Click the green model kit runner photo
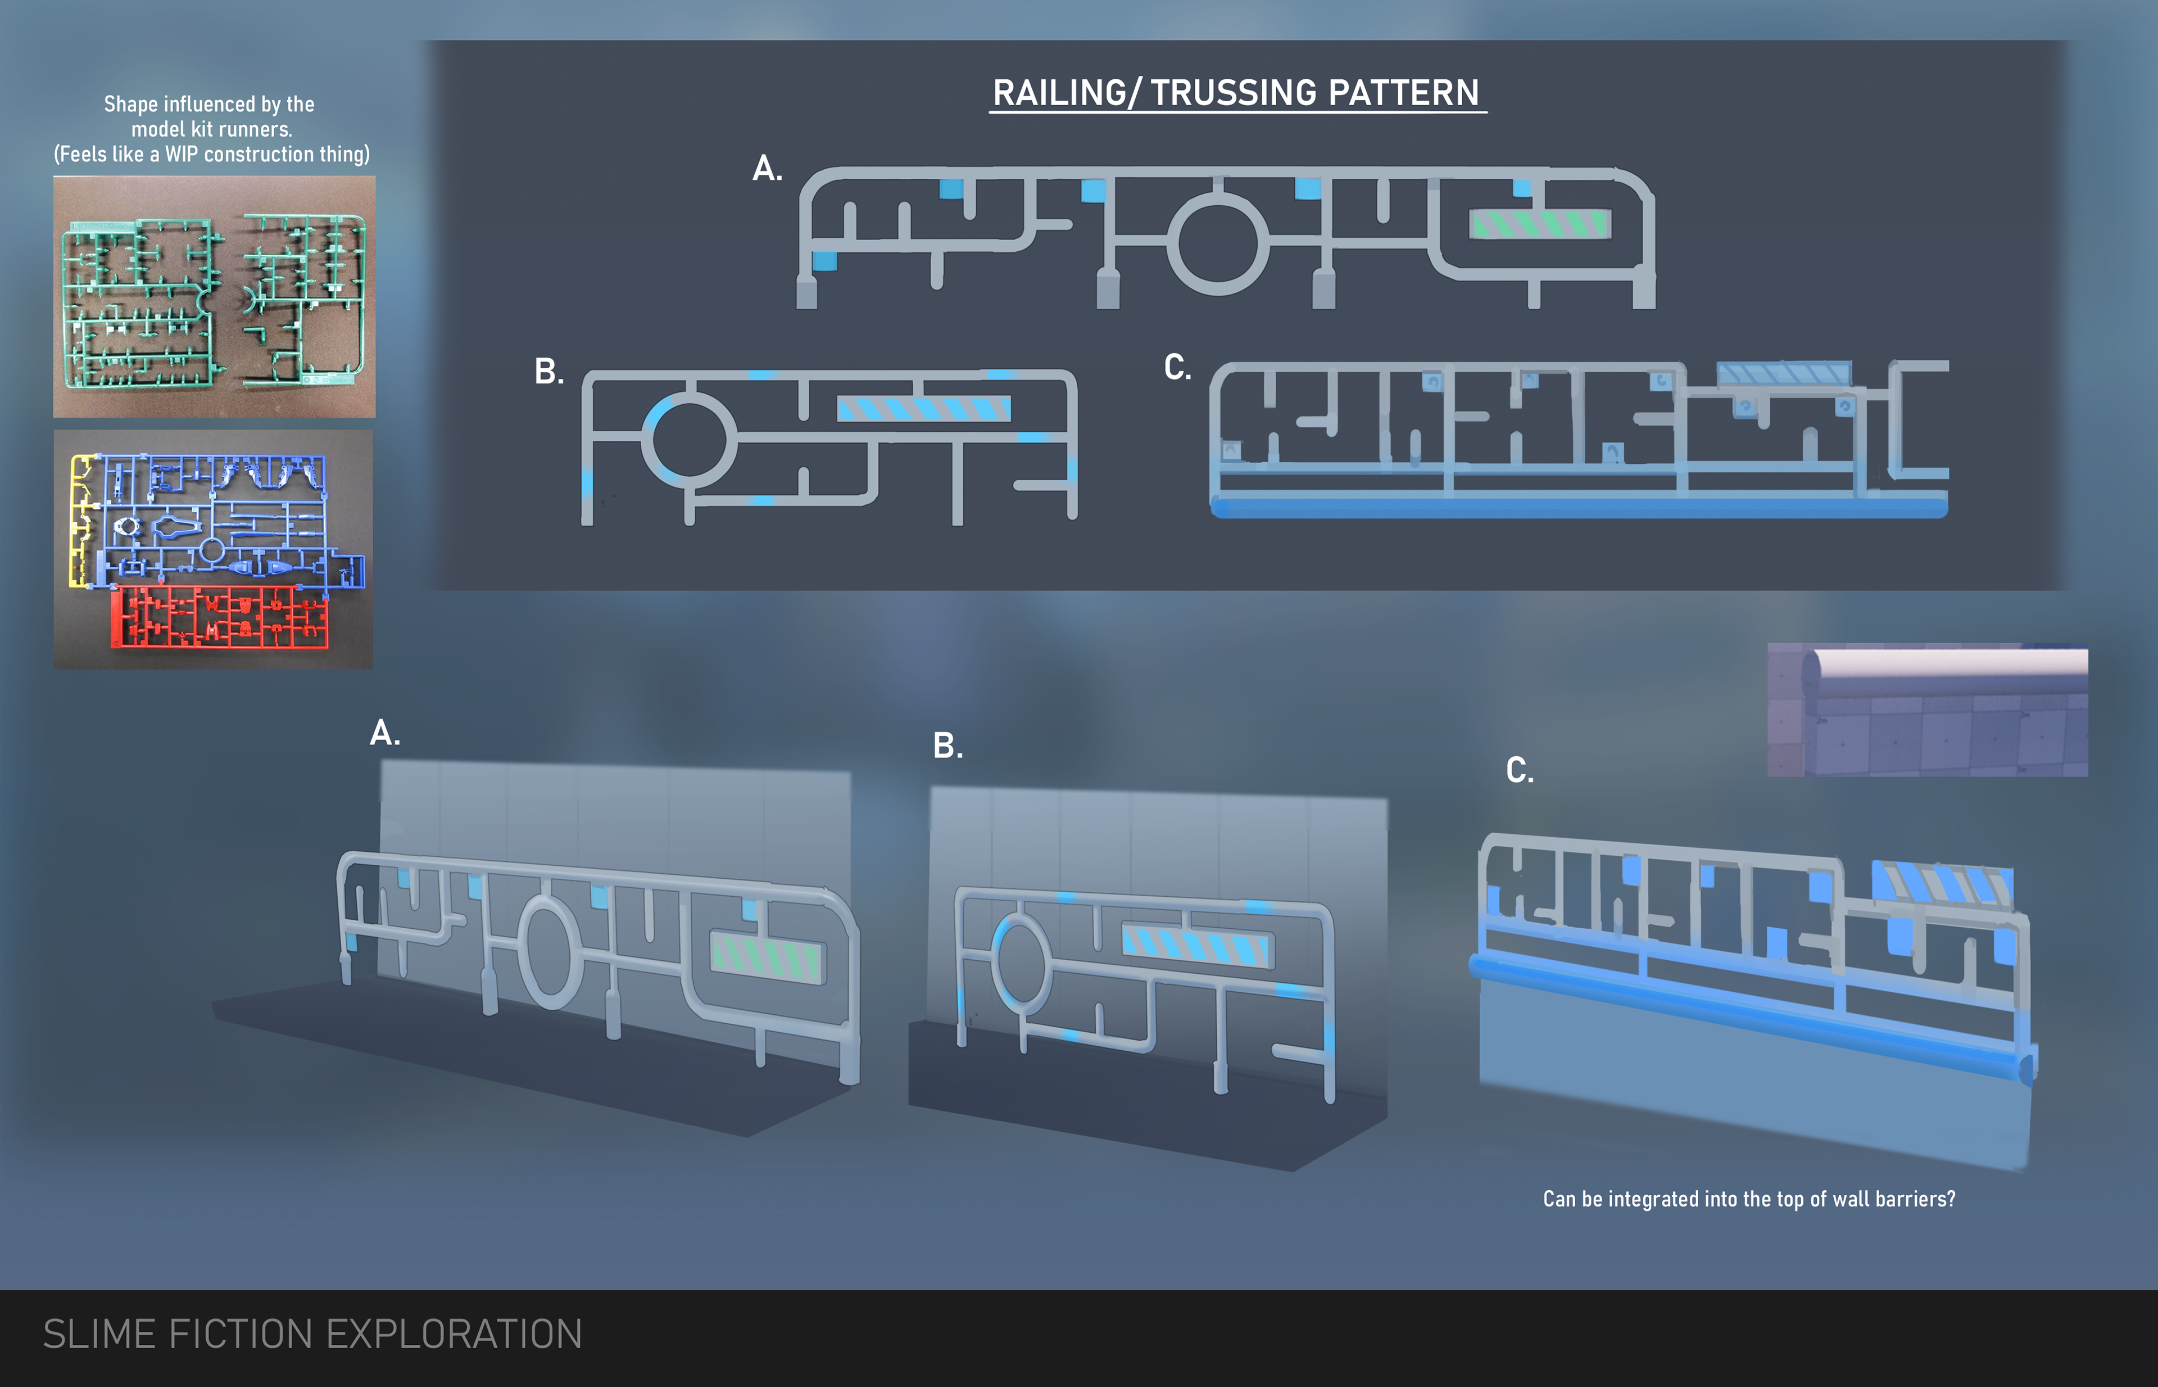pos(214,297)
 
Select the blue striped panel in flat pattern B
pos(924,409)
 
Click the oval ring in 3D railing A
pos(549,953)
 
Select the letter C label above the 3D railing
pos(1520,771)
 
